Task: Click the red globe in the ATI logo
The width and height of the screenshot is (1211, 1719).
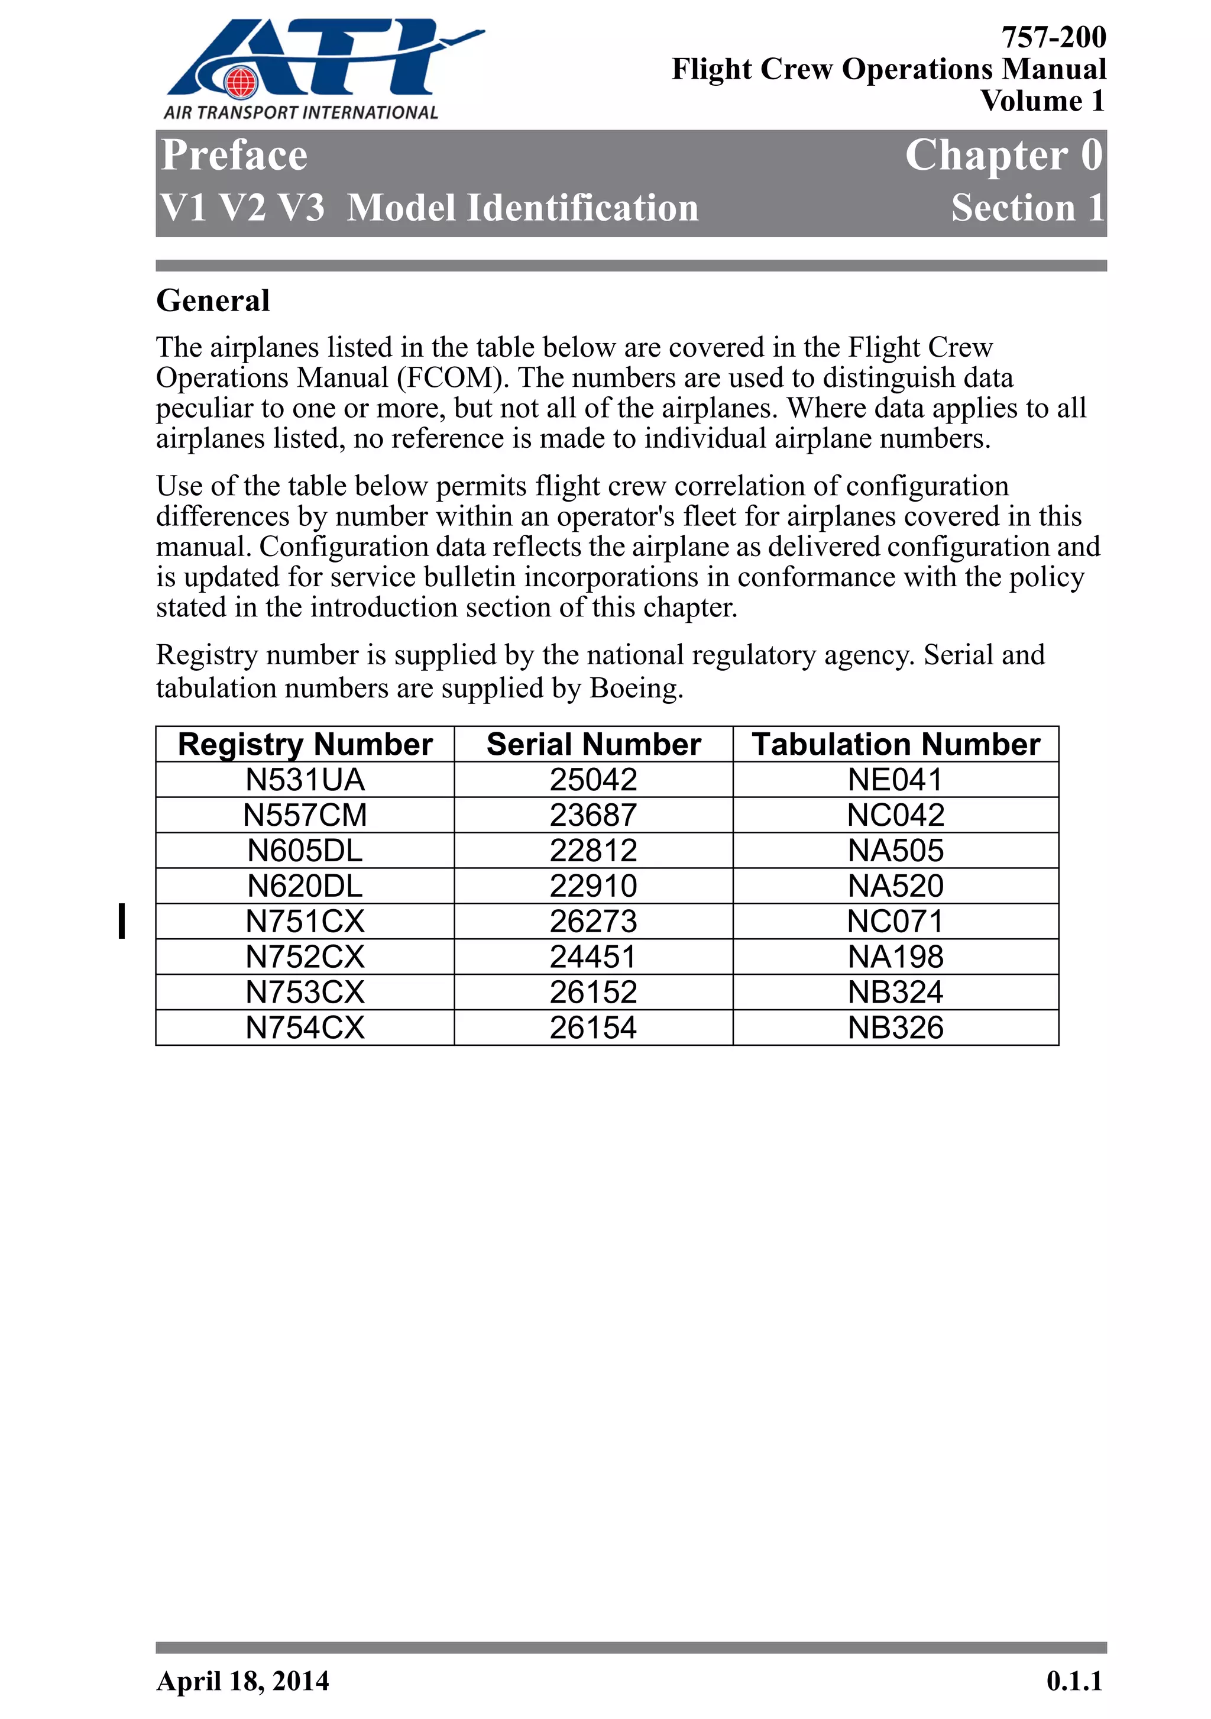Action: click(241, 82)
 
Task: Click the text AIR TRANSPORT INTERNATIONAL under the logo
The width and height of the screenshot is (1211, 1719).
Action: click(300, 112)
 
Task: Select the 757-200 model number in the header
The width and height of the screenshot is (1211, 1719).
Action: click(1053, 37)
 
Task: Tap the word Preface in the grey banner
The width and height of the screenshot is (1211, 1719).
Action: click(234, 156)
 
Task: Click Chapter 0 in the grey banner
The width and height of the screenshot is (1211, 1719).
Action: click(1003, 156)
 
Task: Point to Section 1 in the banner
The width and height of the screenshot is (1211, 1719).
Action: click(1028, 208)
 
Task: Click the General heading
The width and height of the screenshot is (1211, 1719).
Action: click(212, 301)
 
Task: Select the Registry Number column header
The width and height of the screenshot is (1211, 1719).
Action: click(305, 744)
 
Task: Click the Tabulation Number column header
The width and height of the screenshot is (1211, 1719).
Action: click(896, 744)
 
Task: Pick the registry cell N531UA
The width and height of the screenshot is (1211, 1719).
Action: click(305, 780)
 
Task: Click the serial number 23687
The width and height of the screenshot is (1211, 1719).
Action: click(592, 815)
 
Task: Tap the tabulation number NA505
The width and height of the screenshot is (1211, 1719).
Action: click(896, 851)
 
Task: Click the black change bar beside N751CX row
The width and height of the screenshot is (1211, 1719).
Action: click(122, 921)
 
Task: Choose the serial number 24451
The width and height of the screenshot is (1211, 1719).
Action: click(592, 957)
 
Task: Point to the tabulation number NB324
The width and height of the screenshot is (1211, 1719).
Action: click(896, 992)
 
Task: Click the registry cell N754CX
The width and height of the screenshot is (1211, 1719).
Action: click(305, 1028)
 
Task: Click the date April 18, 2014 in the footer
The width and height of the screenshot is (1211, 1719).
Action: click(242, 1681)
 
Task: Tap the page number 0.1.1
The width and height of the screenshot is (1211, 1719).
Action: click(1074, 1681)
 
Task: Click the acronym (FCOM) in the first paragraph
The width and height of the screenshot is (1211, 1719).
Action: click(453, 378)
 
